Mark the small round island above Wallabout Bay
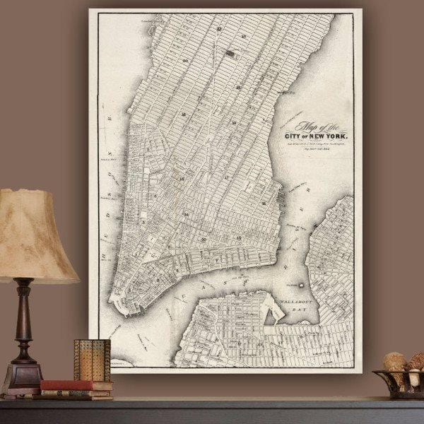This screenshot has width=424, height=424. [301, 285]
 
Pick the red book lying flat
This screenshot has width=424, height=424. [75, 386]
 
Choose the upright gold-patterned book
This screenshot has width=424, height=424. [92, 360]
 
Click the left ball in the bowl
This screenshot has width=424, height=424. [395, 361]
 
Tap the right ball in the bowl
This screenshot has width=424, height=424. [415, 363]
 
